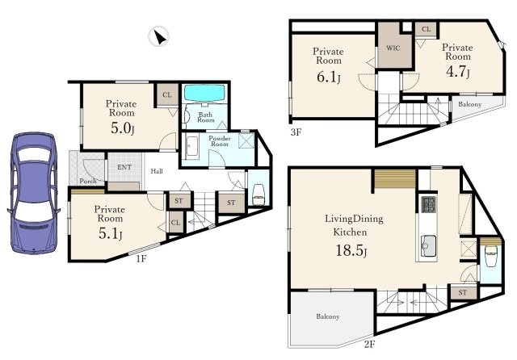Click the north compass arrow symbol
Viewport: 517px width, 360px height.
point(159,36)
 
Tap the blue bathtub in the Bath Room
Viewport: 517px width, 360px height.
point(204,94)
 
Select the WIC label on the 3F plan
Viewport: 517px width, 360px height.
point(393,48)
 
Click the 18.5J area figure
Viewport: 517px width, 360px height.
point(351,250)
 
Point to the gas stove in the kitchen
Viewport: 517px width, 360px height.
point(429,204)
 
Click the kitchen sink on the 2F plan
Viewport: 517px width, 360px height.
point(429,246)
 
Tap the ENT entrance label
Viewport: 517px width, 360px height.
point(124,167)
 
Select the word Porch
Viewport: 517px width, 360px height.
point(88,181)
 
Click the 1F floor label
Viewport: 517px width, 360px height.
point(141,259)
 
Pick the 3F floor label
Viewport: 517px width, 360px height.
point(296,132)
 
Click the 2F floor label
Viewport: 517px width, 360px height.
point(370,344)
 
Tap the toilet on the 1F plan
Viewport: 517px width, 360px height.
point(258,195)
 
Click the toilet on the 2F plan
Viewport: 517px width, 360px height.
point(490,257)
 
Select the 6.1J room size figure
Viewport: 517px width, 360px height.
point(329,77)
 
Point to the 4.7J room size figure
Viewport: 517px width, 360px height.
point(458,72)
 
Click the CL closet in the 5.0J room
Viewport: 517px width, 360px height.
point(167,95)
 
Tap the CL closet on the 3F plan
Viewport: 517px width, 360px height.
point(426,30)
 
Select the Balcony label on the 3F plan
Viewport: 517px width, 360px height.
point(470,104)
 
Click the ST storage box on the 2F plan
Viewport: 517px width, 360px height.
point(462,292)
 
